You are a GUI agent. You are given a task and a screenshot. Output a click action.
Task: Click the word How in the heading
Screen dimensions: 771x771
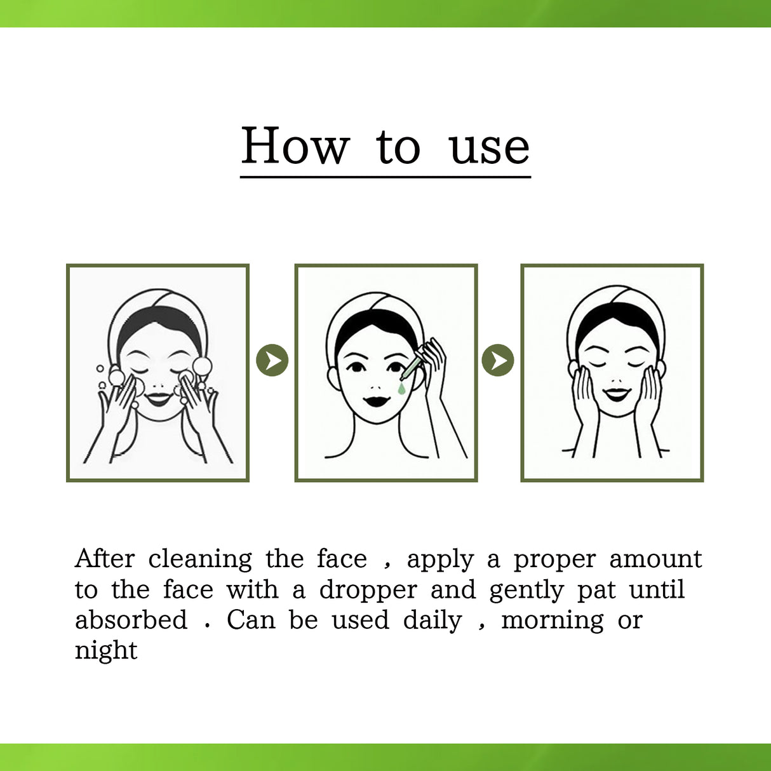(295, 146)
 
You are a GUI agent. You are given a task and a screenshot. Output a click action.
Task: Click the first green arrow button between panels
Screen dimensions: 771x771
(272, 361)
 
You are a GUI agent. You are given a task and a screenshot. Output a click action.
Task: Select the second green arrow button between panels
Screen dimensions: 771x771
(498, 361)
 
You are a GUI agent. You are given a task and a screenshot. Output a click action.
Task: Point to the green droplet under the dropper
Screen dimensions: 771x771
(401, 387)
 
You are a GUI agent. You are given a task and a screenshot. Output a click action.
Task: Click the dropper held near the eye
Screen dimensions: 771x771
(412, 366)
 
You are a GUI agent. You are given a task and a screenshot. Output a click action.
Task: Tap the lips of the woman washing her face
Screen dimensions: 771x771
(158, 399)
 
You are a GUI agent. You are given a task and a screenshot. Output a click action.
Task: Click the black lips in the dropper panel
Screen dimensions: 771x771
(377, 402)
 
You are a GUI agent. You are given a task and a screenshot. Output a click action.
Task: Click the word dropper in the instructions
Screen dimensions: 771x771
(368, 591)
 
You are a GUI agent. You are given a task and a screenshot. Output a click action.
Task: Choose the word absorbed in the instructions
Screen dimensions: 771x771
(131, 620)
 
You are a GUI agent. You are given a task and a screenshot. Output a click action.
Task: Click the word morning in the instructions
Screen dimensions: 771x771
(553, 621)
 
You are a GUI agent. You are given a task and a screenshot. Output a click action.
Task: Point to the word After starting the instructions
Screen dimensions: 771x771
(105, 559)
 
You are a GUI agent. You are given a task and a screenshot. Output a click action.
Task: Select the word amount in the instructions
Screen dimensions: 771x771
(655, 560)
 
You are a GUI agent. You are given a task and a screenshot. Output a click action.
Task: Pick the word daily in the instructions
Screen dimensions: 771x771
(432, 620)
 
